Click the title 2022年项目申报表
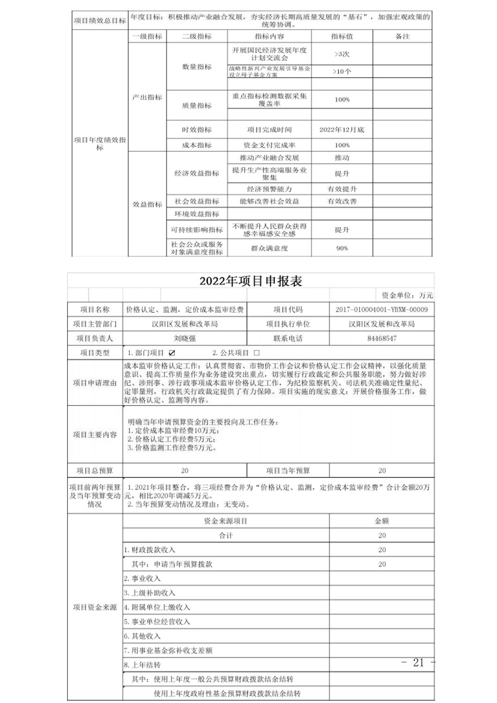[x=250, y=281]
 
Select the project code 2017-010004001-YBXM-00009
[x=381, y=309]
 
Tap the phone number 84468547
[x=381, y=338]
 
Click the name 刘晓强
[x=185, y=338]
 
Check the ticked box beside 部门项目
[x=172, y=353]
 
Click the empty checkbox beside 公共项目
[x=257, y=353]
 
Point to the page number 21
[x=418, y=662]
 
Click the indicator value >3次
[x=342, y=54]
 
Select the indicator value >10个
[x=342, y=71]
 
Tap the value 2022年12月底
[x=342, y=129]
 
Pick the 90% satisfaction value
[x=342, y=248]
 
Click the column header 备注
[x=402, y=36]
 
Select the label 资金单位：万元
[x=407, y=295]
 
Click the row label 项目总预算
[x=95, y=470]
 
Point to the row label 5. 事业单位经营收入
[x=157, y=622]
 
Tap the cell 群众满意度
[x=269, y=248]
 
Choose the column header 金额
[x=381, y=521]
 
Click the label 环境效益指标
[x=197, y=214]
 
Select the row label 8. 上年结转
[x=143, y=665]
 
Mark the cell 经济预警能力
[x=269, y=189]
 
